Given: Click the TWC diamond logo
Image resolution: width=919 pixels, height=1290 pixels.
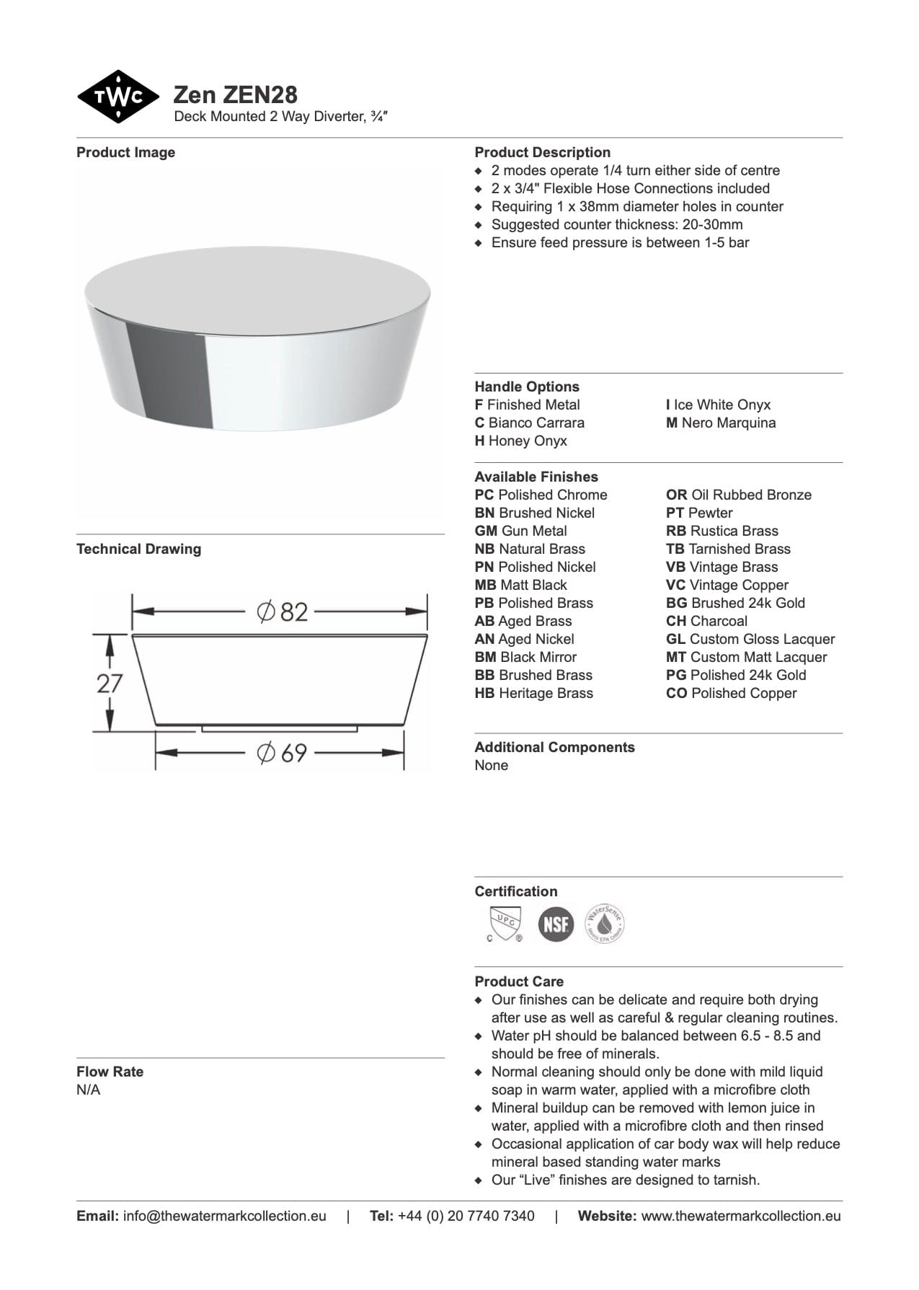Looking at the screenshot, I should coord(117,97).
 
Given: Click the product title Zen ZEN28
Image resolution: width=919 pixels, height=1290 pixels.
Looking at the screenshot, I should coord(235,94).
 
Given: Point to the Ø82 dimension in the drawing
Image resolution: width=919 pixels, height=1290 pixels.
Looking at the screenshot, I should coord(283,612).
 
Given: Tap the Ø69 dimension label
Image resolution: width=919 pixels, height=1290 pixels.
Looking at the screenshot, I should coord(283,753).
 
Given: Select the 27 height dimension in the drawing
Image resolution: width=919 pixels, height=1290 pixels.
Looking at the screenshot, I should coord(110,683).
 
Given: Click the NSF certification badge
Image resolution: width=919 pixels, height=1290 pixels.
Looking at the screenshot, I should coord(556,924).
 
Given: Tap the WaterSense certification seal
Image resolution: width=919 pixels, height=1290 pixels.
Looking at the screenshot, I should coord(604,924).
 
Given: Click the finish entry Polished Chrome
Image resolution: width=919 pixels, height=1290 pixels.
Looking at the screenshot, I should coord(541,495).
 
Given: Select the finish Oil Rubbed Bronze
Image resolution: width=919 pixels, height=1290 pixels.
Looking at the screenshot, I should coord(738,495).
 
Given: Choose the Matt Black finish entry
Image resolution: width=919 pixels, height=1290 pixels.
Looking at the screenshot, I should coord(520,585).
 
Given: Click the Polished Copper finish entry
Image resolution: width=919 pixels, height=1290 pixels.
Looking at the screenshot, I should coord(731,693).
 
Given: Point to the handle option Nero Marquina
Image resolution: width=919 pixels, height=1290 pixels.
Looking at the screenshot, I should coord(721,423).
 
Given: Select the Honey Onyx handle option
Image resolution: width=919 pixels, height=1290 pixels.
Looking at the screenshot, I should coord(520,441).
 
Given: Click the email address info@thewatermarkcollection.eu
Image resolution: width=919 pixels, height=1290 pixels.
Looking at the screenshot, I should coord(224,1216).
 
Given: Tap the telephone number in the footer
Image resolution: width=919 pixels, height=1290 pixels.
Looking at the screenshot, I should coord(466,1216).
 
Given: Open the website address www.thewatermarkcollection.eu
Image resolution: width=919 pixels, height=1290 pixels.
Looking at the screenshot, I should coord(740,1216).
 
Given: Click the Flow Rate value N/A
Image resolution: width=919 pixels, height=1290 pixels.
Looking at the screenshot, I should coord(89,1090).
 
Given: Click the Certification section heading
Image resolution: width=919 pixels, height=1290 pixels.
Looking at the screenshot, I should coord(515,891).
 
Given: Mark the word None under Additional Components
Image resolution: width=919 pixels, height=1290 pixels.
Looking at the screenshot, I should coord(491,765).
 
